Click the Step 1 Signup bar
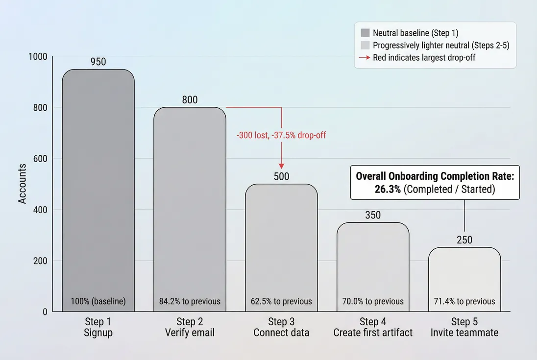pyautogui.click(x=98, y=191)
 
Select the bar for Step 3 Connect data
pyautogui.click(x=281, y=245)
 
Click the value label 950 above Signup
pyautogui.click(x=98, y=62)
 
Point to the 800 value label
pyautogui.click(x=190, y=100)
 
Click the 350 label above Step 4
pyautogui.click(x=373, y=216)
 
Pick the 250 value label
pyautogui.click(x=464, y=240)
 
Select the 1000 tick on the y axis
pyautogui.click(x=38, y=56)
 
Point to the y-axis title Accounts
pyautogui.click(x=22, y=184)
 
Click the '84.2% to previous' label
pyautogui.click(x=190, y=301)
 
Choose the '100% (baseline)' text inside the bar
pyautogui.click(x=98, y=301)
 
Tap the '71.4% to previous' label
pyautogui.click(x=464, y=301)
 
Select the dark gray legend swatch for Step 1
pyautogui.click(x=365, y=33)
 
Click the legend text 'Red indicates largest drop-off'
pyautogui.click(x=424, y=57)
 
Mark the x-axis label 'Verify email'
pyautogui.click(x=190, y=333)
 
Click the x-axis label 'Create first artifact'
pyautogui.click(x=373, y=333)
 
